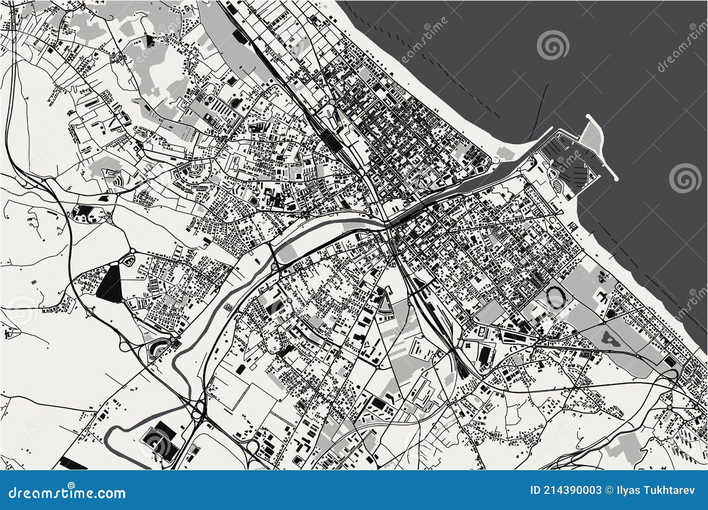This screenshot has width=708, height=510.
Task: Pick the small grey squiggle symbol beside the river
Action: pyautogui.click(x=228, y=307)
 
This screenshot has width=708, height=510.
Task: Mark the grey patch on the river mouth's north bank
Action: pyautogui.click(x=504, y=153)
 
